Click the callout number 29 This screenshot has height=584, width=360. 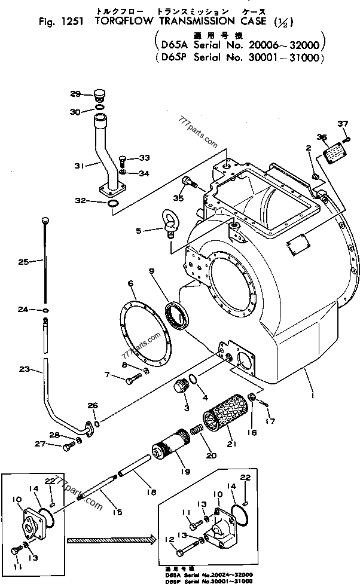[x=74, y=93]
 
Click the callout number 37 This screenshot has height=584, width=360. [x=342, y=124]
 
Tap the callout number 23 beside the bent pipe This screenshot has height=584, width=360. [x=24, y=369]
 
